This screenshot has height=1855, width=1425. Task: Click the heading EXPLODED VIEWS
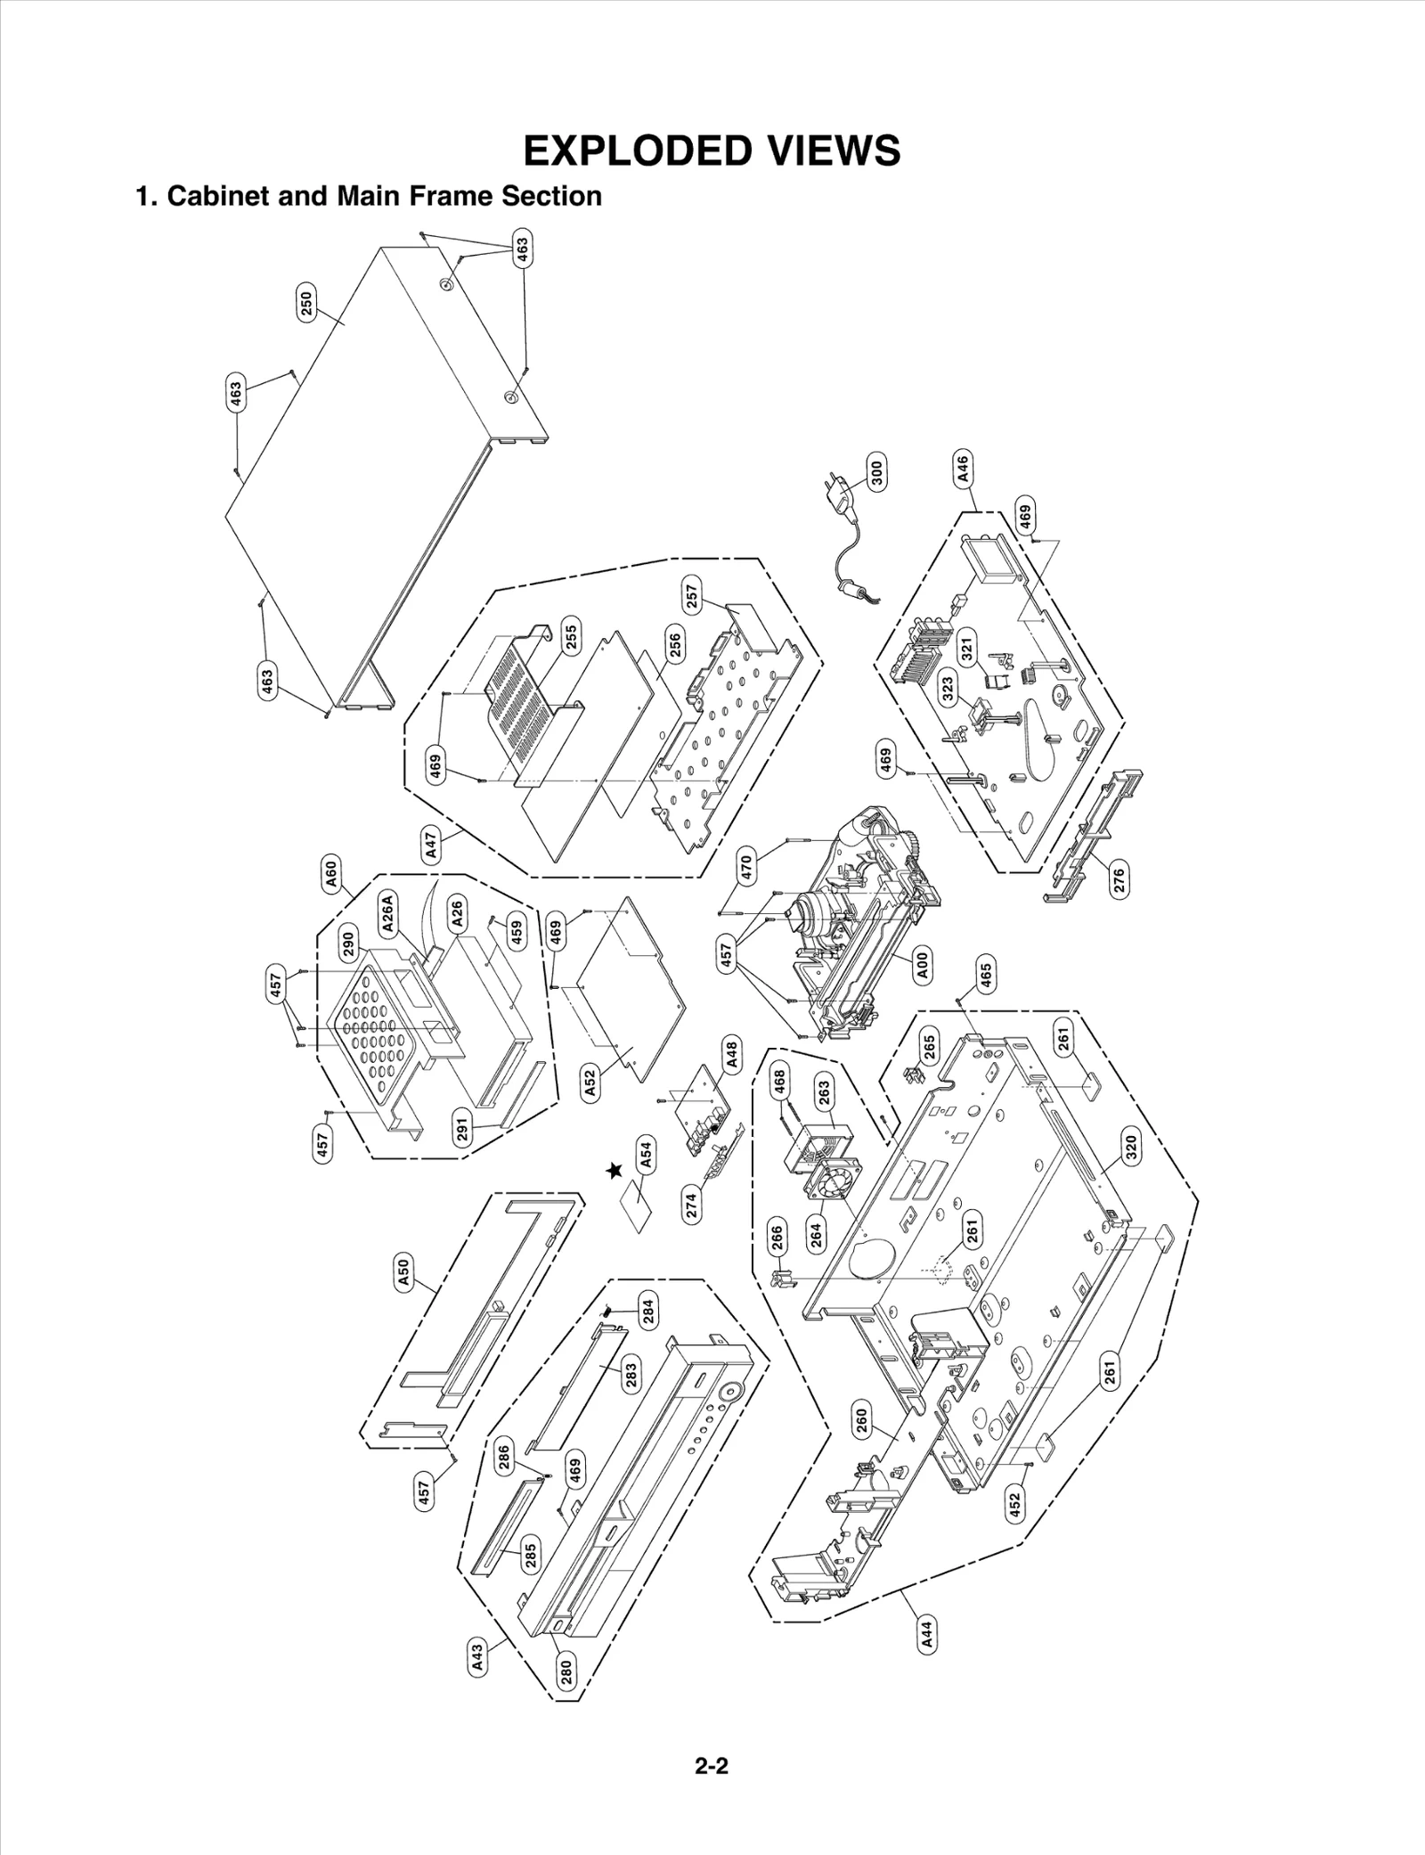coord(712,151)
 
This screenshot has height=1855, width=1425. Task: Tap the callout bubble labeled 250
coord(305,306)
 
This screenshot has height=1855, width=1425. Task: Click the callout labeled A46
coord(964,469)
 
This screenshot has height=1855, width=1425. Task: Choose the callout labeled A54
coord(647,1155)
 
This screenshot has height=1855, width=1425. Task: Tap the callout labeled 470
coord(746,865)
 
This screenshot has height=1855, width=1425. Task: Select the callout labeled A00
coord(924,966)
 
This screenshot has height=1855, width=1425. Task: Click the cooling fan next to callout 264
coord(834,1187)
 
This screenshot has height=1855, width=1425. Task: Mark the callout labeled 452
coord(1014,1505)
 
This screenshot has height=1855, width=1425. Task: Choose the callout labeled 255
coord(572,636)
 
